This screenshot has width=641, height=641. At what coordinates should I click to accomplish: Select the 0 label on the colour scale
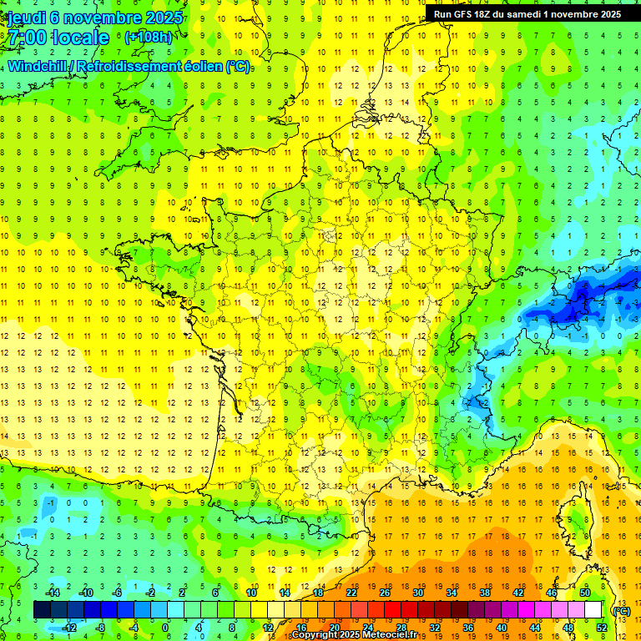pyautogui.click(x=164, y=627)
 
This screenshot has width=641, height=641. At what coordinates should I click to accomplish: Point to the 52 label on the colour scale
pyautogui.click(x=602, y=627)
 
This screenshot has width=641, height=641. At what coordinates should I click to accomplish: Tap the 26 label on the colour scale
pyautogui.click(x=385, y=593)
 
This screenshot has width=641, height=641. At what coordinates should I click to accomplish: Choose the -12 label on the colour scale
pyautogui.click(x=69, y=627)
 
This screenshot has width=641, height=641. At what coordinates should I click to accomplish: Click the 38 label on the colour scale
pyautogui.click(x=485, y=593)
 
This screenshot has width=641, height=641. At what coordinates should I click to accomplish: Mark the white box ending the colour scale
pyautogui.click(x=593, y=610)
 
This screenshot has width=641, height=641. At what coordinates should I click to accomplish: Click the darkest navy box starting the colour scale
pyautogui.click(x=42, y=610)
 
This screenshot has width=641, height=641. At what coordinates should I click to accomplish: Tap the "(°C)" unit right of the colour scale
pyautogui.click(x=621, y=610)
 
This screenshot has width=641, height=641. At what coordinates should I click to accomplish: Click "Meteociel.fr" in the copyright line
pyautogui.click(x=390, y=635)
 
